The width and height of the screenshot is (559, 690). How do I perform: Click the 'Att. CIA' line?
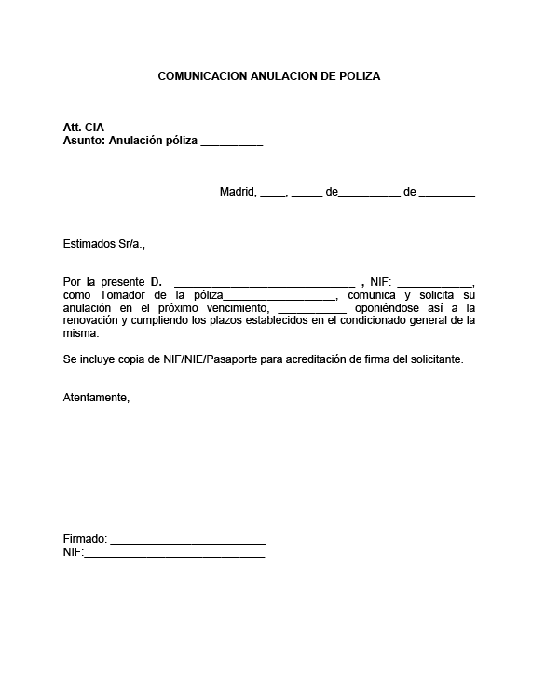[x=84, y=128]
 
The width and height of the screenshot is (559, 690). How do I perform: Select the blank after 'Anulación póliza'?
[x=231, y=142]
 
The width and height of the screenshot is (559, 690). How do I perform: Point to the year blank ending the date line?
[x=447, y=194]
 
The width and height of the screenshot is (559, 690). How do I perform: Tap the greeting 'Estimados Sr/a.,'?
[x=104, y=244]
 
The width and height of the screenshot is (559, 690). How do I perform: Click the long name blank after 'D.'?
[x=265, y=283]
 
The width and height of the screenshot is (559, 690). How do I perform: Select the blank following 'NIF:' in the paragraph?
[x=436, y=283]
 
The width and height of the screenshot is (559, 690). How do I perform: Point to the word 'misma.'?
[x=80, y=332]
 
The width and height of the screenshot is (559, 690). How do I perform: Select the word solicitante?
[x=432, y=359]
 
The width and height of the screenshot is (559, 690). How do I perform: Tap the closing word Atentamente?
[x=96, y=398]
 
